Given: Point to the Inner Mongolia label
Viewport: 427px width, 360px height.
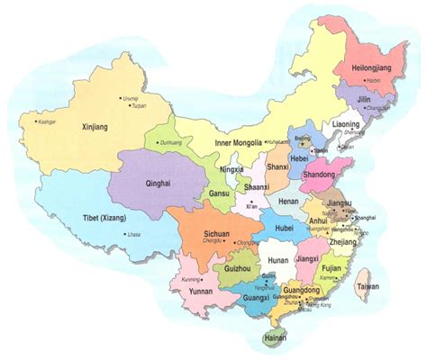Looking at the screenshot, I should pyautogui.click(x=239, y=142).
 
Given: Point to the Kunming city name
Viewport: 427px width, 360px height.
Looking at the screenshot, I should pyautogui.click(x=190, y=280).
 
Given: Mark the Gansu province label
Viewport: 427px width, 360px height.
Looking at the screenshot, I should pyautogui.click(x=218, y=194).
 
